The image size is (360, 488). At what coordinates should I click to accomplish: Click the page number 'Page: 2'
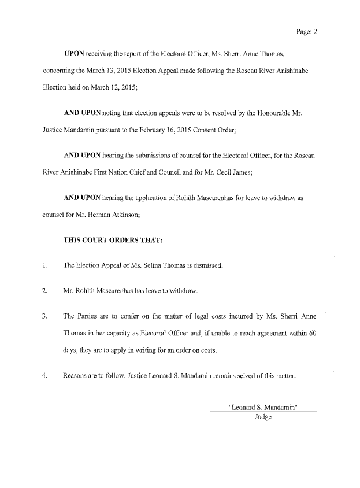[x=306, y=32]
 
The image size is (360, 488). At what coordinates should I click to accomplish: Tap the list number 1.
[x=44, y=266]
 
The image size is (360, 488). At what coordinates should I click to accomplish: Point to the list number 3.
[x=44, y=317]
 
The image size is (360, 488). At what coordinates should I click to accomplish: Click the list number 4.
[x=44, y=376]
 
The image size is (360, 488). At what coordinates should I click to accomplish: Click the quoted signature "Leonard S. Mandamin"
[x=263, y=406]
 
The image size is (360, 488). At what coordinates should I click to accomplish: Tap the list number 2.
[x=44, y=291]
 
